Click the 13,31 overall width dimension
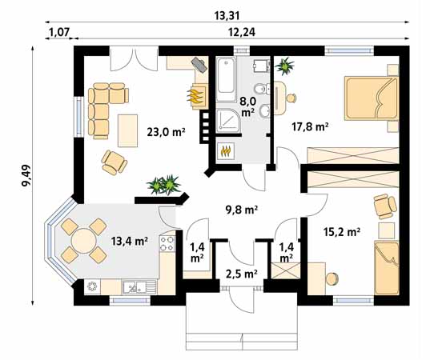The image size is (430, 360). pos(227,16)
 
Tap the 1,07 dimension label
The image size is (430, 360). pos(58,32)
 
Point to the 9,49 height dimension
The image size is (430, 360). pos(26,176)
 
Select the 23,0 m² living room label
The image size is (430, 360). pos(167,132)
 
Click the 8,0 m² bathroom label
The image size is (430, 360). pos(247,106)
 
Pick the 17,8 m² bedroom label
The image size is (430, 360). pos(310,127)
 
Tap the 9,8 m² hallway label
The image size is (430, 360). pos(242,210)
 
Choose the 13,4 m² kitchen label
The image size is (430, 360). pos(130,241)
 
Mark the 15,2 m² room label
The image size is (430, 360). pos(342,232)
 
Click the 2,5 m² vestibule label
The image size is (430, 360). pos(242,274)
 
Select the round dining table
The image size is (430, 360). pos(84,241)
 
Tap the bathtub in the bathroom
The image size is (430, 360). pos(226,79)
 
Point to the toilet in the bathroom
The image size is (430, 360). pos(261,89)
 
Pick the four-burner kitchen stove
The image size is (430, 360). pos(167,243)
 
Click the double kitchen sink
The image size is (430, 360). pos(139,287)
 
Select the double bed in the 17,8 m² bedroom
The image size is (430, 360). pos(372,98)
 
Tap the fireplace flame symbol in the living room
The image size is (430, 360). pos(195,97)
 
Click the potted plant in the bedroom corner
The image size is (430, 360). pos(284,66)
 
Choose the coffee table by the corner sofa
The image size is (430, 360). pos(127,131)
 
